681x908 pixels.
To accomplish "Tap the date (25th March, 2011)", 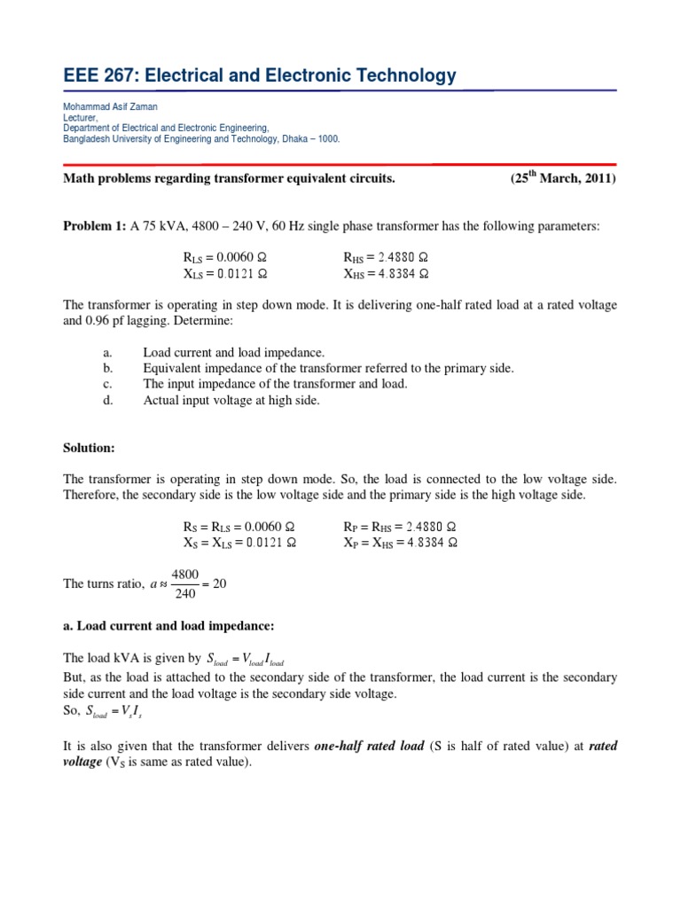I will (x=562, y=177).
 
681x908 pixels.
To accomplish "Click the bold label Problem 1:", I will (x=95, y=226).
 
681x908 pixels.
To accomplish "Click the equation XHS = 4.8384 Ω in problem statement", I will (x=386, y=273).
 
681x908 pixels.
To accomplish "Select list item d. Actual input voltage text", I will (x=231, y=400).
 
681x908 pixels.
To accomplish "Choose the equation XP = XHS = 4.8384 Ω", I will (x=400, y=543).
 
